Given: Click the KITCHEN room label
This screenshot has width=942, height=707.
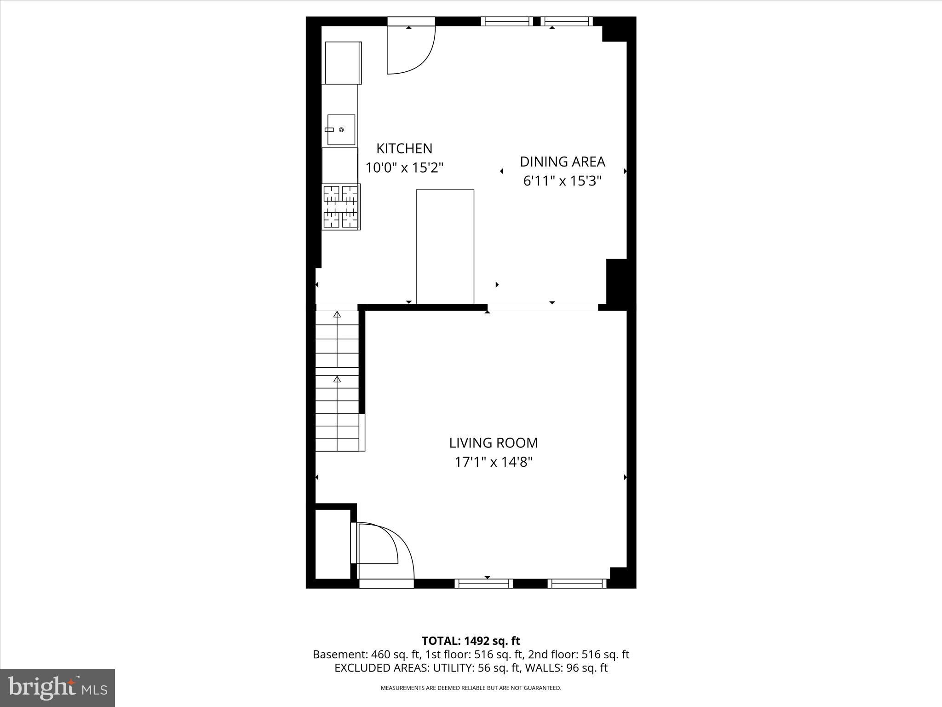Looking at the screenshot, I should coord(404,149).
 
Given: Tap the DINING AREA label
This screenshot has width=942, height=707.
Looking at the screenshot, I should coord(562,162).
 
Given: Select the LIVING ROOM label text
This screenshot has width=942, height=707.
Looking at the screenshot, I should coord(493,443).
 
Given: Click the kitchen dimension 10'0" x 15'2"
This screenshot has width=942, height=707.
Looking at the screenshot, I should coord(404,168).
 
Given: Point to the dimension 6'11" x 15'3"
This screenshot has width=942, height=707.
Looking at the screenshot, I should coord(562,181).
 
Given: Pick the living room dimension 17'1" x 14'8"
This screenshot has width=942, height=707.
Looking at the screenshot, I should coord(493,462).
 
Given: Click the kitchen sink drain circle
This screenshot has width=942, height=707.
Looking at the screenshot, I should coord(342,130).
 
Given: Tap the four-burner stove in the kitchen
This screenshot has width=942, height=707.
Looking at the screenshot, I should coord(341,207).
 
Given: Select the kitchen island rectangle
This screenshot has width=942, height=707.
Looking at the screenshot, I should coord(445,247).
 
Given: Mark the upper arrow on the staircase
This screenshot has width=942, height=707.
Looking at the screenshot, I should coord(337,315).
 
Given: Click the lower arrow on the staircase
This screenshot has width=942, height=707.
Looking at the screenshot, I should coord(337,380).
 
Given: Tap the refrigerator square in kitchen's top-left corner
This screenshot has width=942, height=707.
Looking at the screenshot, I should coord(343,63).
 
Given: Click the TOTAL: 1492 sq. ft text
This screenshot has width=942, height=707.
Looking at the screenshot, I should coord(471,641).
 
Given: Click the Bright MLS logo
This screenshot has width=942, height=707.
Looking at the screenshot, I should coord(57,688).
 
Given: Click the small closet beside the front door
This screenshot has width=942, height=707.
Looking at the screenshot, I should coord(333,544).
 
